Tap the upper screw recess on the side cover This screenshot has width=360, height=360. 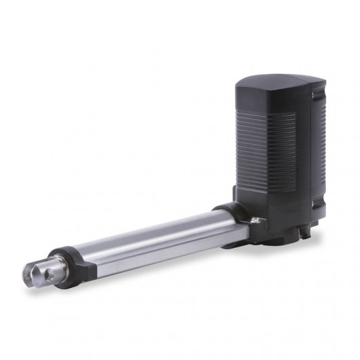pos(314,99)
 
